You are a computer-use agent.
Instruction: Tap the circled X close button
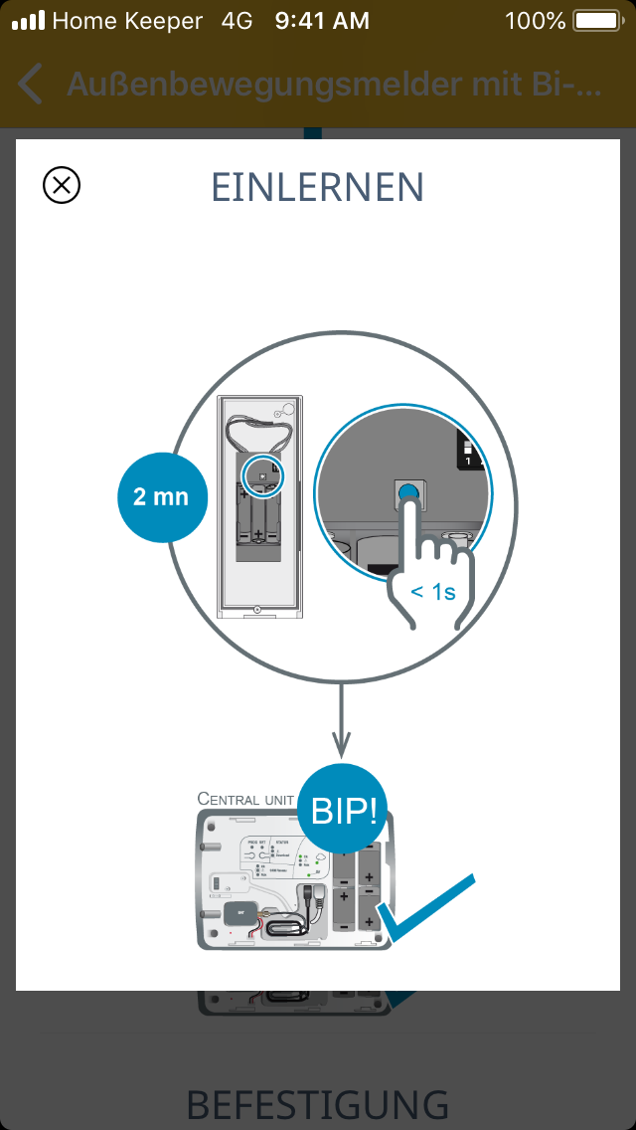[62, 185]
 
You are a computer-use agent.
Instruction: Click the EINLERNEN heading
[318, 187]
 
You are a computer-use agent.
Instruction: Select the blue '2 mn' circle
[161, 496]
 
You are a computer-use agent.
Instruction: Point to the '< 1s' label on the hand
[433, 592]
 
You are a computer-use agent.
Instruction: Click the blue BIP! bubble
[344, 811]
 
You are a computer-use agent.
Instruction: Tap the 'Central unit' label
[245, 798]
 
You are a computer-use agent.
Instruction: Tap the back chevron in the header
[31, 85]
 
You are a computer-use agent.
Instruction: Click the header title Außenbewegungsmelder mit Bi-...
[334, 85]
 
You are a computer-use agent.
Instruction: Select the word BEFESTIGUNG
[318, 1104]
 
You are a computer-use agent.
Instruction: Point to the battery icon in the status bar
[596, 20]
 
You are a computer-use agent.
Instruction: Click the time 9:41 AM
[321, 20]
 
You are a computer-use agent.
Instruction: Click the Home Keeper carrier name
[126, 20]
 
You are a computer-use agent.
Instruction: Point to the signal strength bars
[28, 20]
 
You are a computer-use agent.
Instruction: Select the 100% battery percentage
[535, 20]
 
